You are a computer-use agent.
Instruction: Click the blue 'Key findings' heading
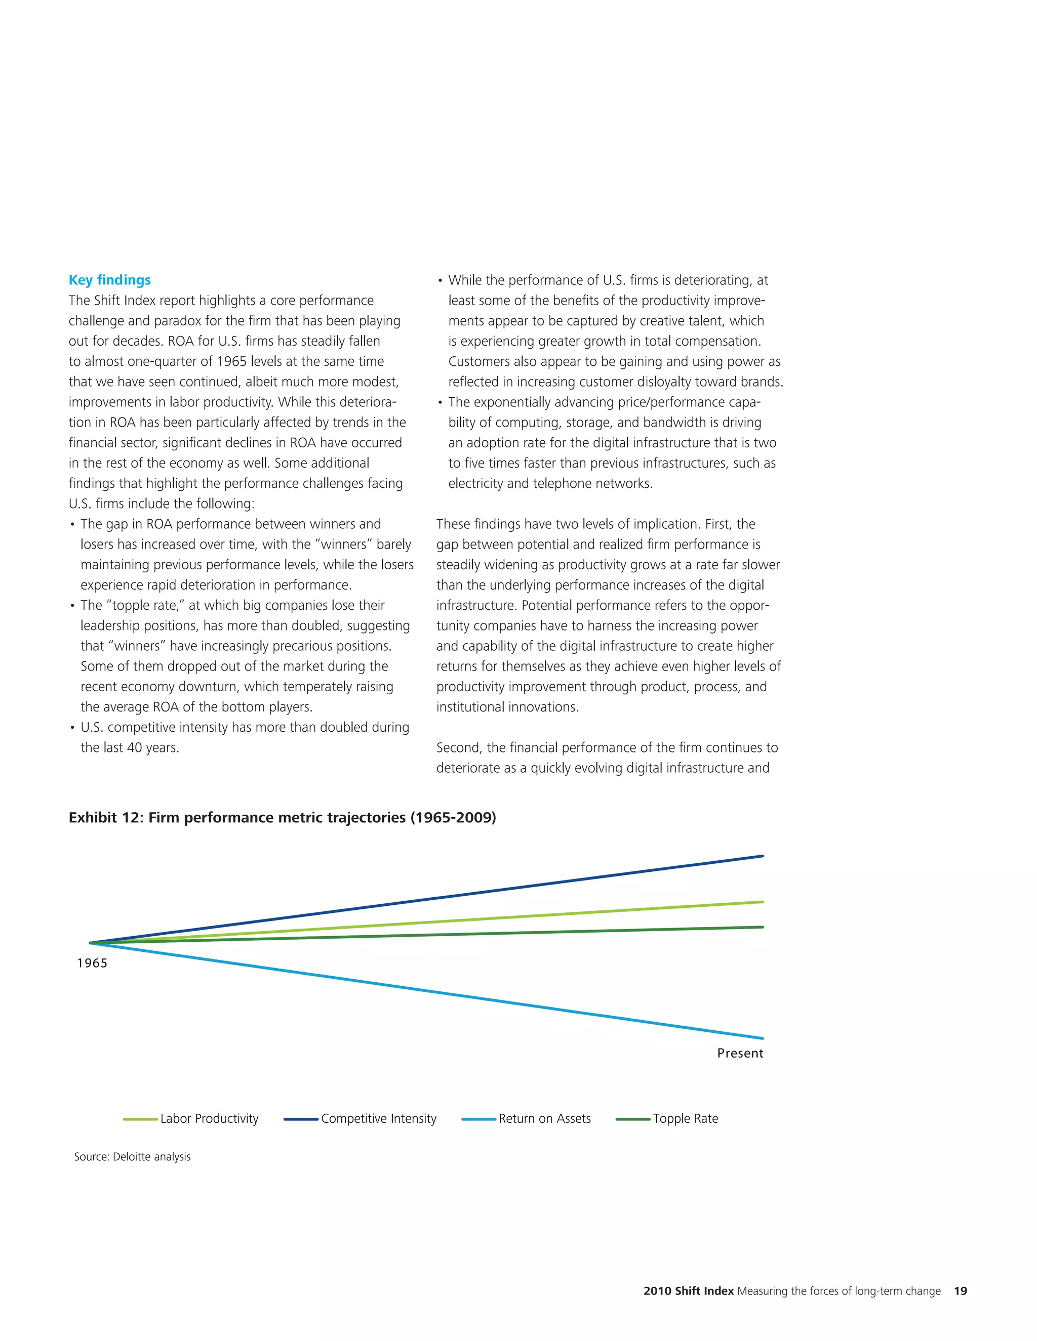tap(109, 280)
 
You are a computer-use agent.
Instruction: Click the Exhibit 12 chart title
tap(282, 817)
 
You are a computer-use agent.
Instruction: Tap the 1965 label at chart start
tap(92, 963)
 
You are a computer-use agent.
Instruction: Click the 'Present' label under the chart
tap(740, 1053)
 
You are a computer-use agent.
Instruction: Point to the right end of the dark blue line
tap(762, 856)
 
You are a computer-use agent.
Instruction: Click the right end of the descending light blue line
tap(762, 1038)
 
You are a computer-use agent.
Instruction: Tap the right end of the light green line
tap(762, 902)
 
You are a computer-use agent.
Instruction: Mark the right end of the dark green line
tap(762, 927)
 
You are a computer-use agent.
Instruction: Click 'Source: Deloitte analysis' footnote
tap(132, 1157)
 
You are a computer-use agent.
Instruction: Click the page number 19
tap(960, 1291)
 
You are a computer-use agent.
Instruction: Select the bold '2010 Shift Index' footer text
tap(688, 1291)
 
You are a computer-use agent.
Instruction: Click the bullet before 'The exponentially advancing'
tap(440, 403)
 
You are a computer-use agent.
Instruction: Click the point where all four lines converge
tap(91, 943)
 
